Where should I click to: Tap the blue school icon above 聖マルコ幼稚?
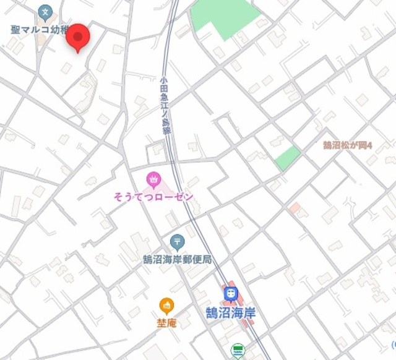click(45, 11)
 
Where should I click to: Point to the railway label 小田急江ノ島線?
click(165, 105)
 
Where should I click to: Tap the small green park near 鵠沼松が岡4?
click(287, 158)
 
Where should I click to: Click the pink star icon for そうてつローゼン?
click(153, 180)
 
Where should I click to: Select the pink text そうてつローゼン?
click(153, 197)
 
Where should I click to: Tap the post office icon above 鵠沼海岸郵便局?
click(176, 241)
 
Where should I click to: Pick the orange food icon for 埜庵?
click(166, 305)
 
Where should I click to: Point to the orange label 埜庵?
click(166, 322)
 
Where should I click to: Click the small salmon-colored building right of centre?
click(295, 207)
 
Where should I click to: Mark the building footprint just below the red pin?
click(66, 67)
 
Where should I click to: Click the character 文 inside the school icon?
click(45, 11)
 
